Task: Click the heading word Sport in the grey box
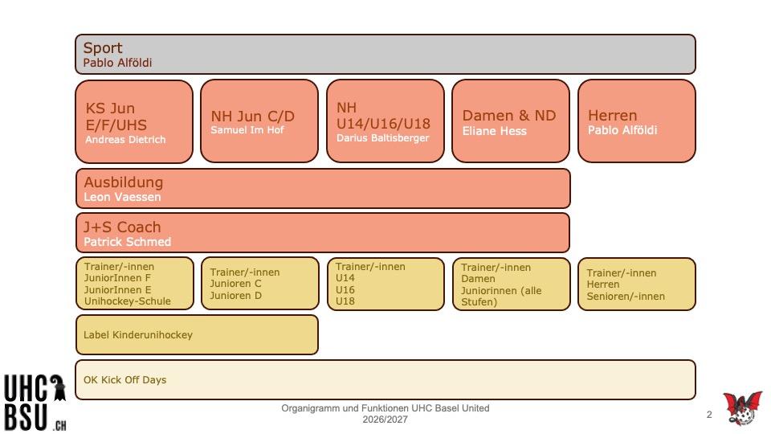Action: pos(102,48)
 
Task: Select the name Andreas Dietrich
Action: pos(125,140)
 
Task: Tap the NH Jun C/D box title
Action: pos(253,116)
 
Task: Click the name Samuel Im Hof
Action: pos(247,130)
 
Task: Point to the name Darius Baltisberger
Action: pos(382,138)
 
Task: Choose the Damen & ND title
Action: pos(509,115)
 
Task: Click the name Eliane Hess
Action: pos(494,131)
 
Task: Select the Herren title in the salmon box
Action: pos(612,115)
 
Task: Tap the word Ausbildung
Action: pos(124,182)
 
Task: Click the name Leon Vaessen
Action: pos(122,197)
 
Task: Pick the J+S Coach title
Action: pos(122,227)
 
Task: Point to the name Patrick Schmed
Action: pos(128,242)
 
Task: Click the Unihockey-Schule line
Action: pos(128,301)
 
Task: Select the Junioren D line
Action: pos(235,296)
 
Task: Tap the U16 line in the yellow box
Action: pos(345,290)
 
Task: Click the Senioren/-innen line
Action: pos(626,297)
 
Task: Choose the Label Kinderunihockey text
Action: pos(137,335)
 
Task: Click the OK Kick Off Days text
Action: pos(125,380)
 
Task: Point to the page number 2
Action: pos(709,415)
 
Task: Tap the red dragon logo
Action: pos(742,408)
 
